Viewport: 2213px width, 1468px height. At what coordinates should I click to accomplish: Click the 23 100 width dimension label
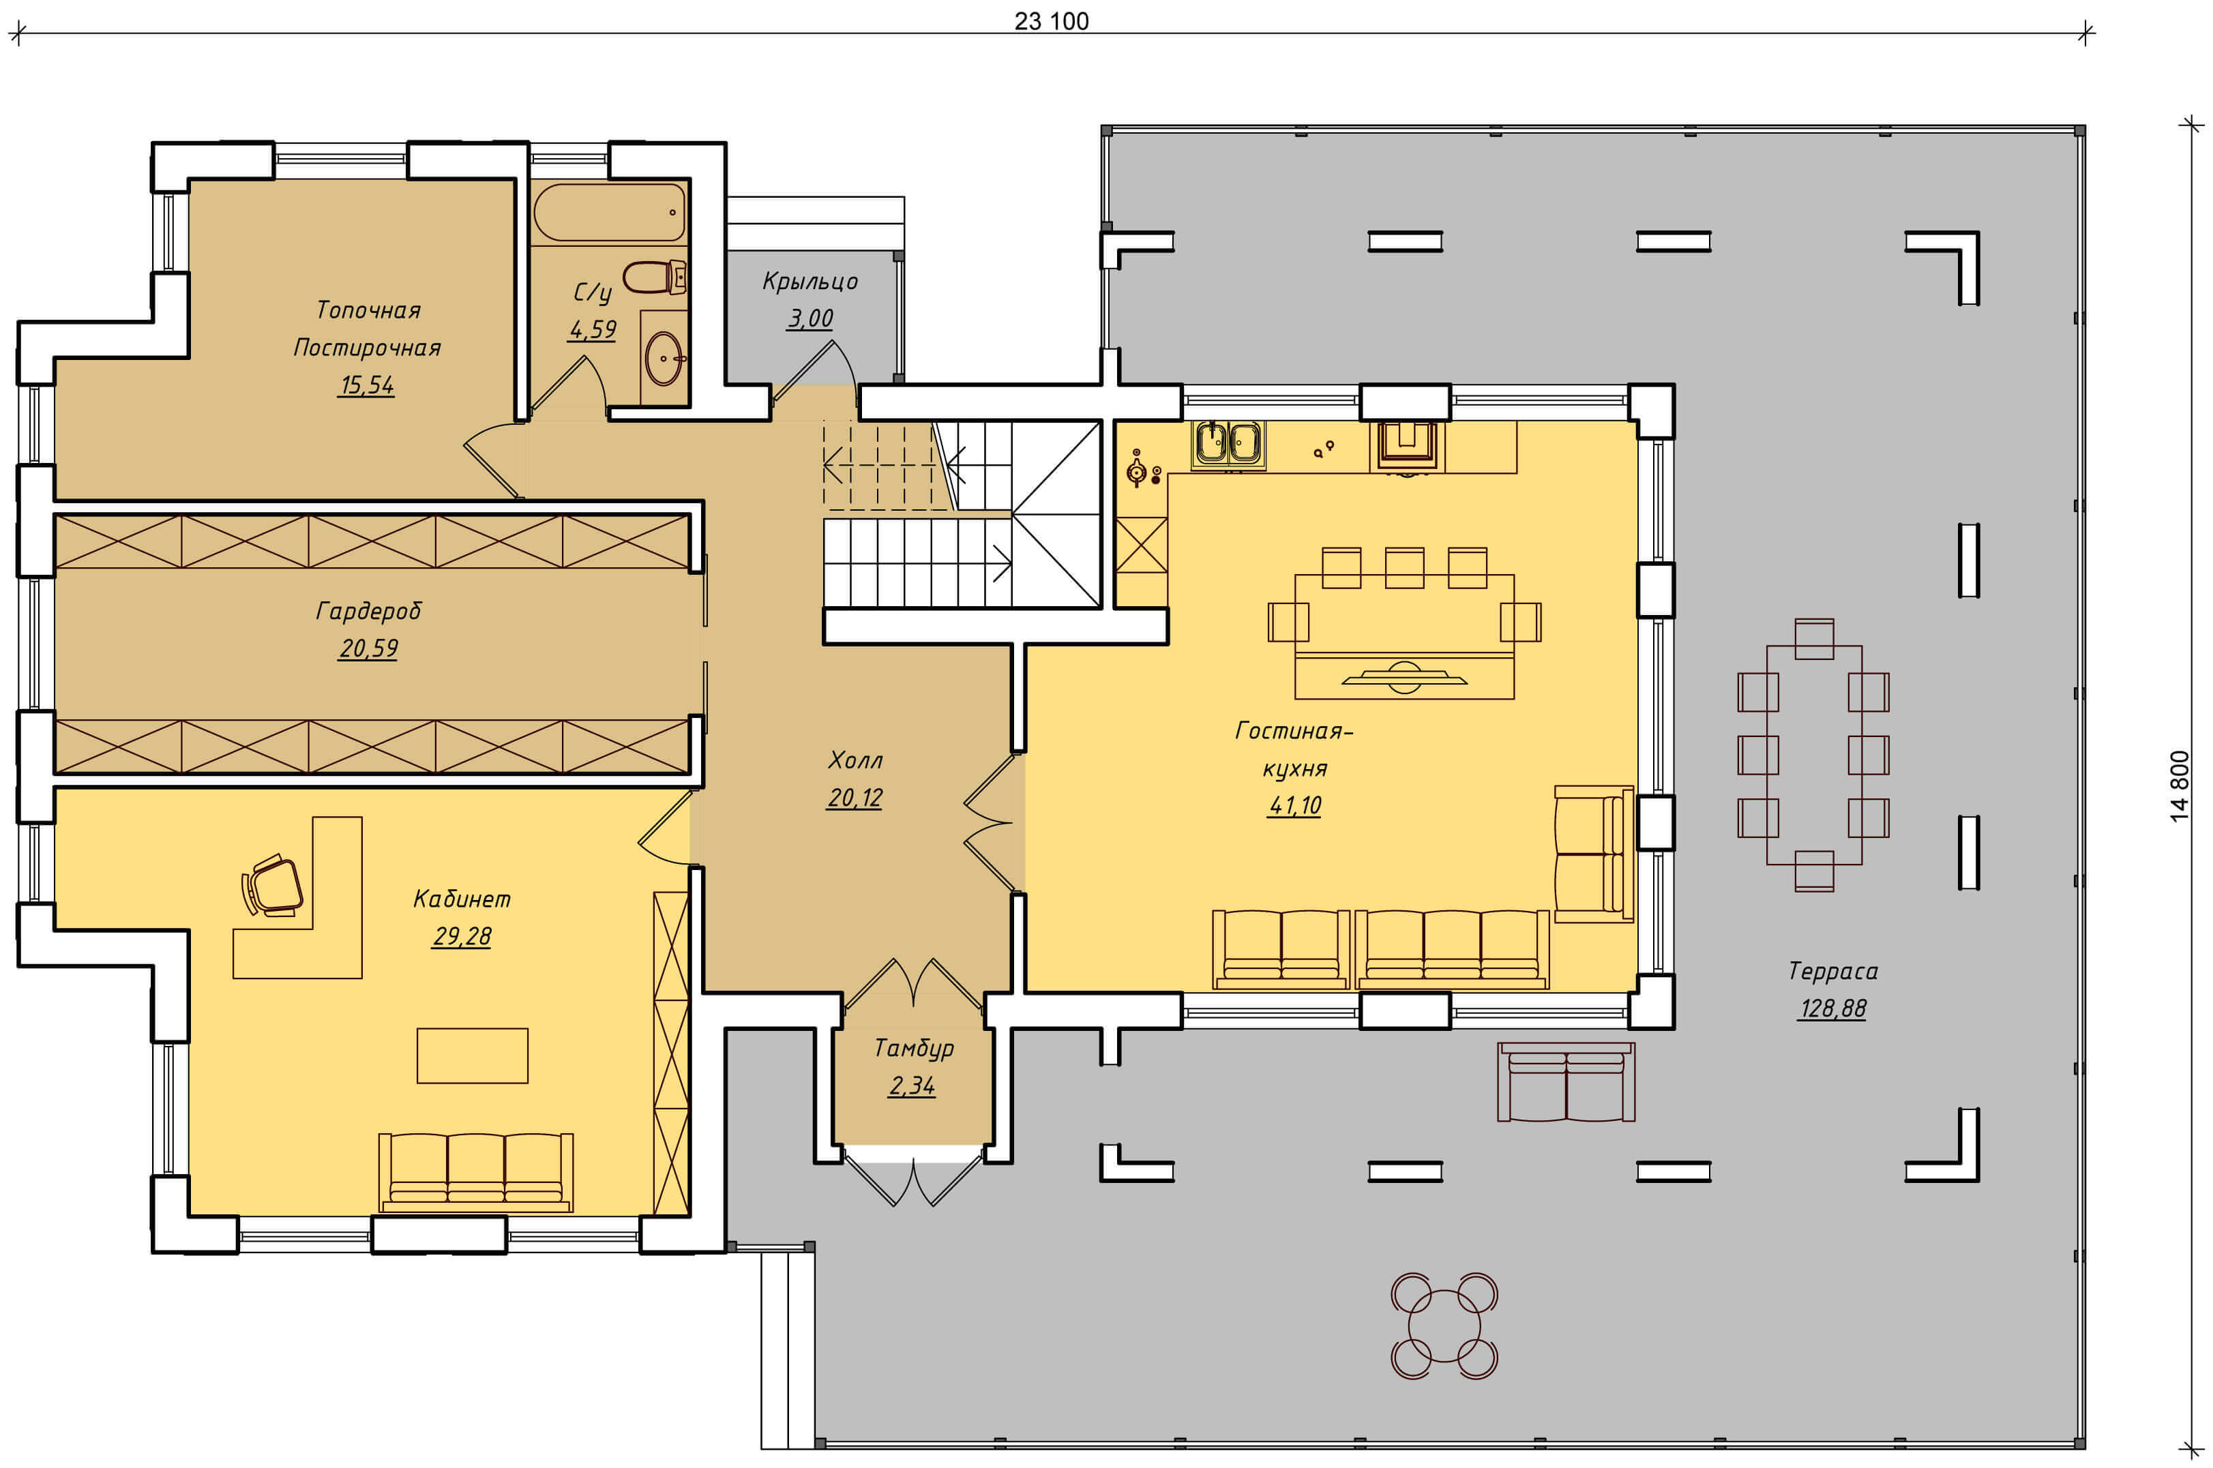[1052, 20]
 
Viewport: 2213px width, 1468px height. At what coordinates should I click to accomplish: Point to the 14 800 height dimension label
[2180, 786]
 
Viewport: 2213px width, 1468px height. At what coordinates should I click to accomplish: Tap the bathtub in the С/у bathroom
[610, 213]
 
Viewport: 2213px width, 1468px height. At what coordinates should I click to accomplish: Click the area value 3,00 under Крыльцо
[810, 318]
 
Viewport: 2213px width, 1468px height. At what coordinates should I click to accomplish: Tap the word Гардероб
[368, 612]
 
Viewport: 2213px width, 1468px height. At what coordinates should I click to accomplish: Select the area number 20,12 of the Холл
[855, 798]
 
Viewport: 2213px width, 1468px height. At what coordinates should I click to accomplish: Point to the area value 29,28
[462, 936]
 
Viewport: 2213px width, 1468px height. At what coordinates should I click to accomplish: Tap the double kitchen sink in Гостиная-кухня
[1228, 442]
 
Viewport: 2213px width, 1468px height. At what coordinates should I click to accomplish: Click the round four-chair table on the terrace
[1444, 1325]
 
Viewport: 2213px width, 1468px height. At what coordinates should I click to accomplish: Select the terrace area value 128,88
[1832, 1008]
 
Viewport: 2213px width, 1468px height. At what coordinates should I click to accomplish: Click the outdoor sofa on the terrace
[1566, 1081]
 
